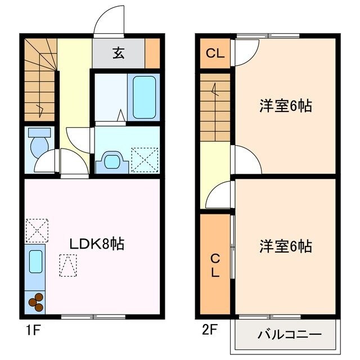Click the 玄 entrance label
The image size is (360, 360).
pos(118,54)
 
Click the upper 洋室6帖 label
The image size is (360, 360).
pos(286,106)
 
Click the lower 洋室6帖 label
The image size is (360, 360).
pos(286,246)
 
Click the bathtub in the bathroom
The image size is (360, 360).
pos(145,97)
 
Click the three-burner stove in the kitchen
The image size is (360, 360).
pos(37,302)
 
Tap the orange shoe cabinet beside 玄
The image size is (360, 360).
pos(152,54)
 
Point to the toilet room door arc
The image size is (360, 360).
pos(46,161)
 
